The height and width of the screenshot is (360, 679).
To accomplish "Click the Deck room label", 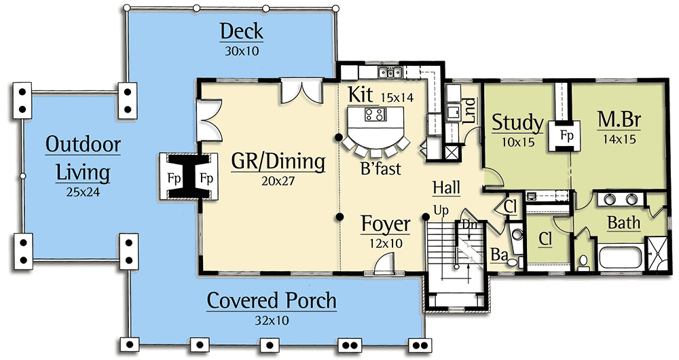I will pyautogui.click(x=241, y=32).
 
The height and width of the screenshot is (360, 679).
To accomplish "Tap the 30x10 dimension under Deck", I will pyautogui.click(x=241, y=50).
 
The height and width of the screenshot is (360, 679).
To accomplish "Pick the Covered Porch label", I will pyautogui.click(x=272, y=300).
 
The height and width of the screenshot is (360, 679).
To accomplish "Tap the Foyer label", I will pyautogui.click(x=385, y=223).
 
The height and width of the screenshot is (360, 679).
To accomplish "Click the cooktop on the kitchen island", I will pyautogui.click(x=373, y=114).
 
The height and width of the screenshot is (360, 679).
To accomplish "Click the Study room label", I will pyautogui.click(x=517, y=123).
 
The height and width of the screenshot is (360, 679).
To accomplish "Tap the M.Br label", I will pyautogui.click(x=619, y=122).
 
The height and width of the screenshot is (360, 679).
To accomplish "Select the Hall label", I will pyautogui.click(x=448, y=187).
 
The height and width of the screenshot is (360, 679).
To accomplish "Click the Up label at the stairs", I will pyautogui.click(x=441, y=211).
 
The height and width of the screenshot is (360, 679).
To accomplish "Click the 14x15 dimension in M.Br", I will pyautogui.click(x=619, y=140).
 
